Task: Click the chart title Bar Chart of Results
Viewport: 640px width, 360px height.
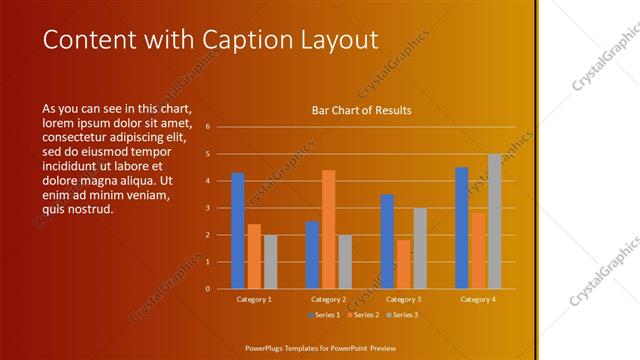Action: tap(361, 110)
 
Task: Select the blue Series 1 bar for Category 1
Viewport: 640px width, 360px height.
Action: tap(237, 230)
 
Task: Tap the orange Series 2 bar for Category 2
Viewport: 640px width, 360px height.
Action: tap(328, 229)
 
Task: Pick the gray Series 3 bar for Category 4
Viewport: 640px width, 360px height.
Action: tap(494, 221)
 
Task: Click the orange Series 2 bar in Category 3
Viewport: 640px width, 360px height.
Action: tap(403, 264)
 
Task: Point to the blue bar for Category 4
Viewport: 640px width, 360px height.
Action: tap(462, 228)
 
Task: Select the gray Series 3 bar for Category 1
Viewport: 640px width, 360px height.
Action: tap(270, 261)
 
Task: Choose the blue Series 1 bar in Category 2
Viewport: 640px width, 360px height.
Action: tap(312, 254)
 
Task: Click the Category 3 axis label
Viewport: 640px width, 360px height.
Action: tap(402, 299)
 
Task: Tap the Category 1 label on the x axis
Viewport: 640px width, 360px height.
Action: tap(253, 299)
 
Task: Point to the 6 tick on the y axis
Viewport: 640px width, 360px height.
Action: tap(207, 127)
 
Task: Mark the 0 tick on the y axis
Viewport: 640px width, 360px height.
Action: tap(207, 288)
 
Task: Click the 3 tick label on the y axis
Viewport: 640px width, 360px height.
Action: tap(207, 208)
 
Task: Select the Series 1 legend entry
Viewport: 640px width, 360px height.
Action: tap(325, 315)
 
